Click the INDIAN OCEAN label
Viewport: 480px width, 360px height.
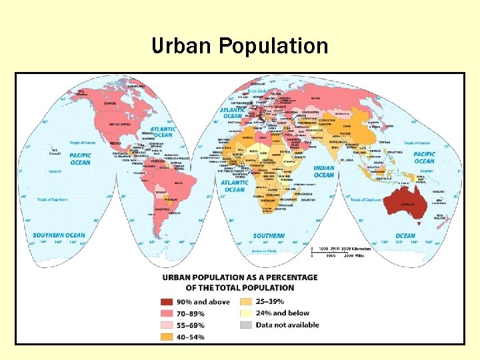(324, 172)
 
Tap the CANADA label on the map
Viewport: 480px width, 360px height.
(109, 103)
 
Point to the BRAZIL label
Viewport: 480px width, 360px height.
(179, 183)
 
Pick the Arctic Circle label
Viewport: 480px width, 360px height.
(257, 91)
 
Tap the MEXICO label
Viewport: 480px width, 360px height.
(115, 143)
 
